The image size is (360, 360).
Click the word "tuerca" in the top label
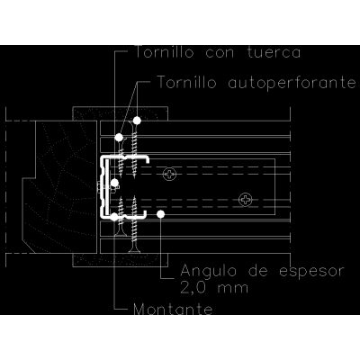pyautogui.click(x=274, y=52)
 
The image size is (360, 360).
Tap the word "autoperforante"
pyautogui.click(x=292, y=83)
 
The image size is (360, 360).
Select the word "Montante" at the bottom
pyautogui.click(x=173, y=309)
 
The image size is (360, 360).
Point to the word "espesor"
pyautogui.click(x=310, y=272)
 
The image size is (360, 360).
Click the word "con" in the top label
pyautogui.click(x=220, y=53)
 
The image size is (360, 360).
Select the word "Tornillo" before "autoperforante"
pyautogui.click(x=186, y=82)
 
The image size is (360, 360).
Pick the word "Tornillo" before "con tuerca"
pyautogui.click(x=165, y=52)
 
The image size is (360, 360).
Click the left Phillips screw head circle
pyautogui.click(x=170, y=174)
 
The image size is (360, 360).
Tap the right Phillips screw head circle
pyautogui.click(x=246, y=200)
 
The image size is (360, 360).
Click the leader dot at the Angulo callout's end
pyautogui.click(x=160, y=214)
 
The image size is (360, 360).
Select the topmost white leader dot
pyautogui.click(x=137, y=121)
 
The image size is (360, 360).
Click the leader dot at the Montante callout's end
pyautogui.click(x=114, y=217)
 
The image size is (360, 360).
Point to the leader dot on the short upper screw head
pyautogui.click(x=119, y=138)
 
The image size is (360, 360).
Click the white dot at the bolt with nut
pyautogui.click(x=114, y=183)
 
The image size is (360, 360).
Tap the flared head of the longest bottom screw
pyautogui.click(x=134, y=249)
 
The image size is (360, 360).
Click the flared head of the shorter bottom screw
pyautogui.click(x=121, y=233)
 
